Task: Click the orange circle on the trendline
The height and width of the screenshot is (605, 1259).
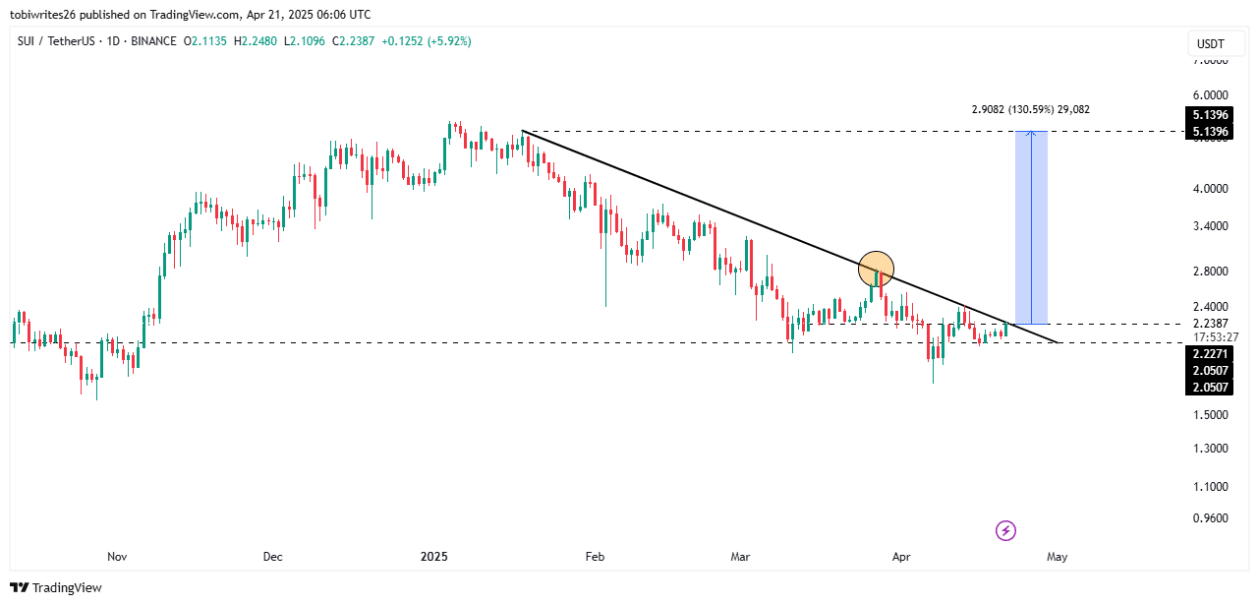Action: tap(876, 268)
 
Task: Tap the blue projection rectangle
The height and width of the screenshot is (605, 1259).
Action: tap(1031, 227)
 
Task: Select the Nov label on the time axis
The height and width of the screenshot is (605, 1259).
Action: tap(117, 557)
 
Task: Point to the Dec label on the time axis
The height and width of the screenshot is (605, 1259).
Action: tap(272, 557)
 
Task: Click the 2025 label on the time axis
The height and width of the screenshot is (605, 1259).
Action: tap(433, 557)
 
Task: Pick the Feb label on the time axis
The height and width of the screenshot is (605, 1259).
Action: tap(594, 557)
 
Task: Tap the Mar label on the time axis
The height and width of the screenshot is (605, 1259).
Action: tap(740, 557)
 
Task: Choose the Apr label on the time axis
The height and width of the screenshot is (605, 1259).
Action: tap(900, 557)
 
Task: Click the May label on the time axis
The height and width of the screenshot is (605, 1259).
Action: tap(1058, 557)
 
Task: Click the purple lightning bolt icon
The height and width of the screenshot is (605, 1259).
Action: tap(1005, 531)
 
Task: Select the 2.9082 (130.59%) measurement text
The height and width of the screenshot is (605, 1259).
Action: tap(1030, 109)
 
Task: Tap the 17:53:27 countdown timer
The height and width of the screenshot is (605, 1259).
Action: tap(1216, 336)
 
